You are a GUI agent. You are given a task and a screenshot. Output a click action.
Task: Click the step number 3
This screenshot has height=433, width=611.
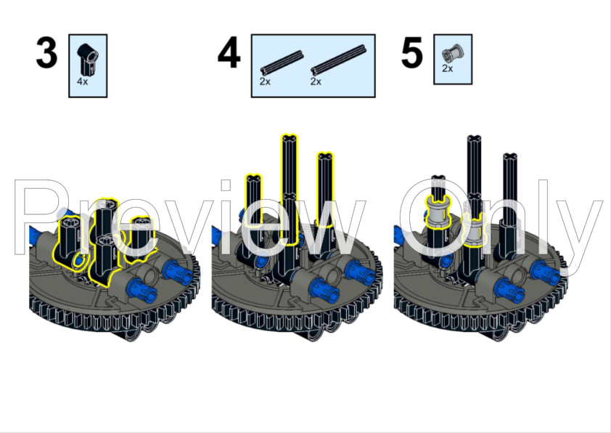click(x=46, y=52)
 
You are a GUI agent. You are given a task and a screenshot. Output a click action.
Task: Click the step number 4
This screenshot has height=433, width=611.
click(x=229, y=52)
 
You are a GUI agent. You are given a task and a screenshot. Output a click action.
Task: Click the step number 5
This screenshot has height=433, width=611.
click(x=411, y=52)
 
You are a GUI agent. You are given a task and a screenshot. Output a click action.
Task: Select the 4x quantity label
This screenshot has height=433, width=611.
click(x=83, y=81)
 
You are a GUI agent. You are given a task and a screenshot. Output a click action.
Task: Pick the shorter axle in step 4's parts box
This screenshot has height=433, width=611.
click(x=282, y=62)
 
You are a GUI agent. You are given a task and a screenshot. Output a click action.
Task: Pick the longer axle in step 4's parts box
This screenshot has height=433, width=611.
click(x=339, y=60)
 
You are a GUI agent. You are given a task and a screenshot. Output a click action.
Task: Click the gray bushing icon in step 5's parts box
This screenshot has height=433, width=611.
click(x=453, y=54)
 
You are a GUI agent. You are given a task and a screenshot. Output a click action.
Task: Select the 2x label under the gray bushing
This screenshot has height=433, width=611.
click(x=447, y=68)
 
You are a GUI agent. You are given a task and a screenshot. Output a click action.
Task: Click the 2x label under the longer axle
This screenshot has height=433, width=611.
click(x=316, y=81)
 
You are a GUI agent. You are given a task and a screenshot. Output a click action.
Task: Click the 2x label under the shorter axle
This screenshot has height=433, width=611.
click(x=265, y=81)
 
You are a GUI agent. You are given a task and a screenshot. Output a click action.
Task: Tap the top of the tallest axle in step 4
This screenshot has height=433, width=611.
click(x=289, y=138)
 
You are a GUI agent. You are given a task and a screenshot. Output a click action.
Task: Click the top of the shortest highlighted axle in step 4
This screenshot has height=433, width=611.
click(x=253, y=179)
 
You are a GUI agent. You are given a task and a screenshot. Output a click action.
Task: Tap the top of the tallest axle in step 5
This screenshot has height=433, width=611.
click(x=474, y=139)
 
